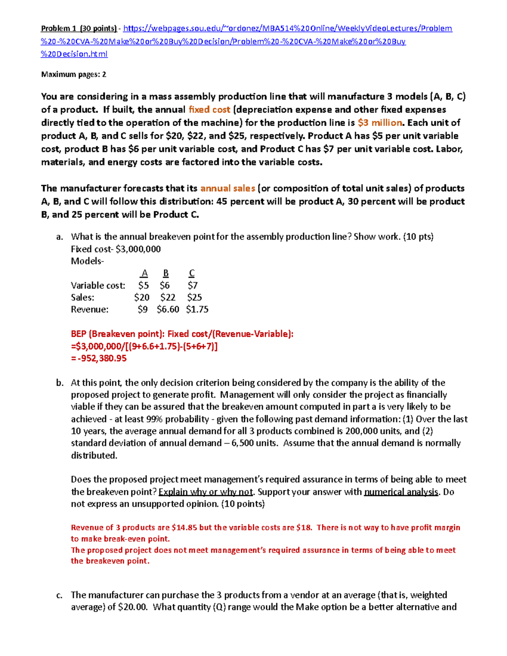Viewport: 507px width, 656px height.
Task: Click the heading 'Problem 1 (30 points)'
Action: click(x=79, y=29)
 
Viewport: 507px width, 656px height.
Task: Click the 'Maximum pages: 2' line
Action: click(x=74, y=75)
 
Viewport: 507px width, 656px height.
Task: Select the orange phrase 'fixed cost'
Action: click(x=209, y=110)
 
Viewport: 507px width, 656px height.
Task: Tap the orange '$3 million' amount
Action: click(x=380, y=123)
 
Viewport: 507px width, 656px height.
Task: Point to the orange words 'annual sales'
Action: click(x=227, y=188)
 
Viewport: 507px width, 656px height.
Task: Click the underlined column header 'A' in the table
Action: click(x=144, y=273)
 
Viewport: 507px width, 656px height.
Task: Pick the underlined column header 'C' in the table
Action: click(x=191, y=273)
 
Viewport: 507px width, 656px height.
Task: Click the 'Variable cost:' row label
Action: click(x=98, y=286)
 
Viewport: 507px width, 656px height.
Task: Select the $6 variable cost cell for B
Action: click(x=165, y=286)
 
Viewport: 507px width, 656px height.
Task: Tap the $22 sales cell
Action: click(x=168, y=297)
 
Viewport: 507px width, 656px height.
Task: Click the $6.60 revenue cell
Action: click(x=168, y=310)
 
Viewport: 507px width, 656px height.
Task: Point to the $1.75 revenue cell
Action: click(x=197, y=310)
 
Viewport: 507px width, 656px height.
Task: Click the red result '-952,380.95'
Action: click(x=102, y=359)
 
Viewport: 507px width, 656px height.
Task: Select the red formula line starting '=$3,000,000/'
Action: click(x=144, y=346)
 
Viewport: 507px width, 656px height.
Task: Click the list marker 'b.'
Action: click(x=60, y=383)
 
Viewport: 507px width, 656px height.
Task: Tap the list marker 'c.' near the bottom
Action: click(x=59, y=596)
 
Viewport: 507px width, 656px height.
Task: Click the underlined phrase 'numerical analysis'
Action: click(x=401, y=492)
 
